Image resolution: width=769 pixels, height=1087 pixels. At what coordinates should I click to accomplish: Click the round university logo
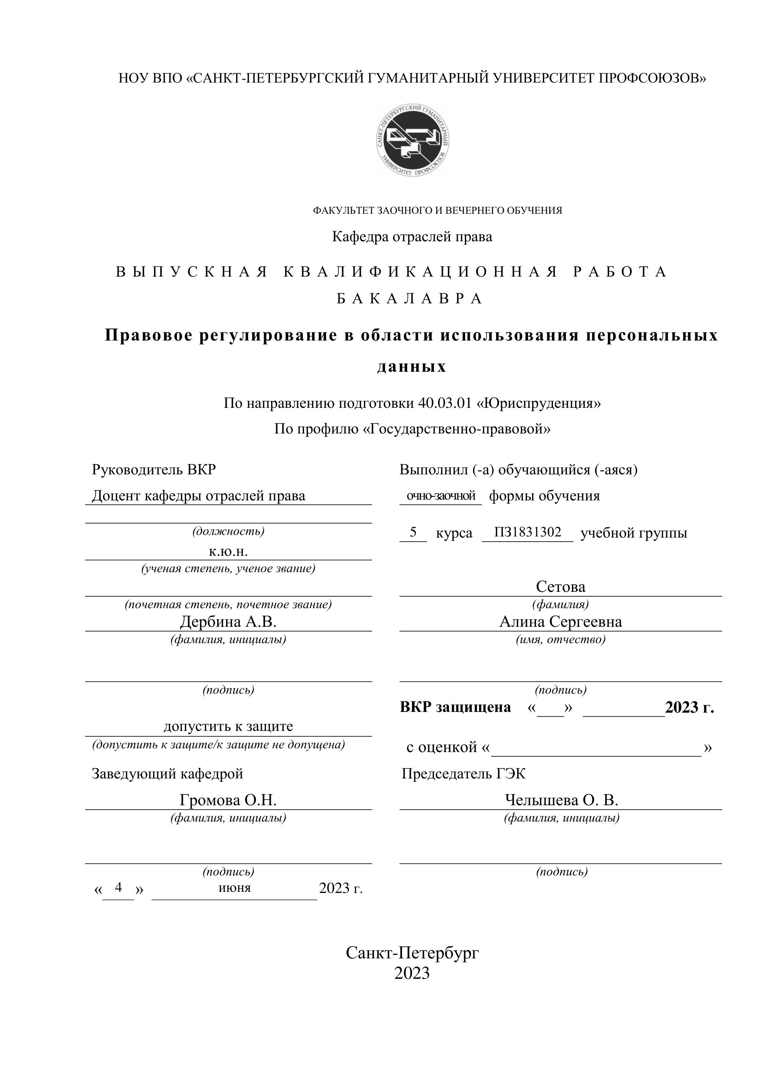pos(412,140)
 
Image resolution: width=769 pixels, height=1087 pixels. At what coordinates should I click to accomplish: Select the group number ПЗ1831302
pos(528,533)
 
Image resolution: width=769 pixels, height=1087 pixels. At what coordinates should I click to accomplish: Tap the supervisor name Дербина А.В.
pos(228,622)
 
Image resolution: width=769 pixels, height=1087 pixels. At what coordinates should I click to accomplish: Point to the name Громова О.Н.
pos(228,800)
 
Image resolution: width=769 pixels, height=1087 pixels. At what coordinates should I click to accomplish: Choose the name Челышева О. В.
pos(561,800)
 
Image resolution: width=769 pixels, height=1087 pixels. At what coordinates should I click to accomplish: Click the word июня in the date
pos(234,888)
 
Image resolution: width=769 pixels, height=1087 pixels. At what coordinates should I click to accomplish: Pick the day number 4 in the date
pos(118,887)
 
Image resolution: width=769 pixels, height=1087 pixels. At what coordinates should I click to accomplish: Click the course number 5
pos(413,533)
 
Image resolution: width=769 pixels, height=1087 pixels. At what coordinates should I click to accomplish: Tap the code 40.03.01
pos(445,403)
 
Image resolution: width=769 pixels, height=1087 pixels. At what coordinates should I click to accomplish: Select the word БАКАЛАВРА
pos(410,299)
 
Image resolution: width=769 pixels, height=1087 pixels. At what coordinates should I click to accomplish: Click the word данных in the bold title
pos(412,367)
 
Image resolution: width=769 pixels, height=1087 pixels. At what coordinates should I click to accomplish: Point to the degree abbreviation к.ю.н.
pos(228,552)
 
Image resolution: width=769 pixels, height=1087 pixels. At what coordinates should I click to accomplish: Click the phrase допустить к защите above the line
pos(228,726)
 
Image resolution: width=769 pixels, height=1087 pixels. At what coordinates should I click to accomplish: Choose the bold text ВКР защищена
pos(455,707)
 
